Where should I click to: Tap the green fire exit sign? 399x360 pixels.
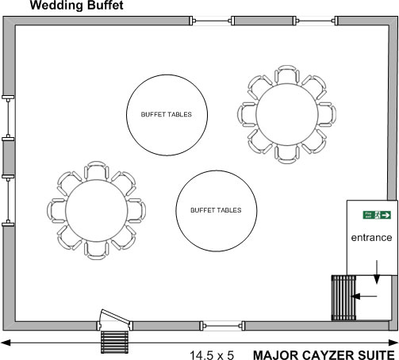377,215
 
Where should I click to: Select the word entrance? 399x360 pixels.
371,238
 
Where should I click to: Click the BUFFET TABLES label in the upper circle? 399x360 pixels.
167,114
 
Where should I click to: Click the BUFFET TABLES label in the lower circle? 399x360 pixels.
216,210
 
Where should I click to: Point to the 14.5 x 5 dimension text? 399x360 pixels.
212,355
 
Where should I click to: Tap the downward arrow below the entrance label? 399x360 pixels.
377,272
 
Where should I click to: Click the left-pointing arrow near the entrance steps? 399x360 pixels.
364,297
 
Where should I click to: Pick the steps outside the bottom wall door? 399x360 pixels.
115,342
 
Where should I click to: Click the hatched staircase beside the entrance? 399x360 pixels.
343,297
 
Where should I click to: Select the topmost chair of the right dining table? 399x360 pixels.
287,75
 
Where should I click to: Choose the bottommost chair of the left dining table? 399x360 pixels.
96,251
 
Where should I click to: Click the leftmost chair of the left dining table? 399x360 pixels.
56,210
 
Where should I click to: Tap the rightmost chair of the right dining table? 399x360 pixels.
327,114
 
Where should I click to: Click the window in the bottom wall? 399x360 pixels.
222,326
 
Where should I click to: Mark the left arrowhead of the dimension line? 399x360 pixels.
6,343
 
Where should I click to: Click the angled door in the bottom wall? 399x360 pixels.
115,316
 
